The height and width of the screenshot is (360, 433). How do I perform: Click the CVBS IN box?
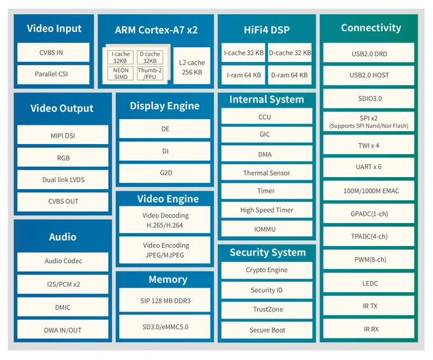click(53, 52)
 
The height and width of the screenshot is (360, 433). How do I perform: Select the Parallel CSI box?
click(53, 75)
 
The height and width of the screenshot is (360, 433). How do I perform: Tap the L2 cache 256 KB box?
click(192, 66)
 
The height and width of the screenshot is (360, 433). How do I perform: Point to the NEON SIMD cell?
click(121, 73)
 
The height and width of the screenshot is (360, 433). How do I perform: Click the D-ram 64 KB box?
click(290, 75)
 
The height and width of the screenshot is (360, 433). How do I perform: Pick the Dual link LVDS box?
click(62, 180)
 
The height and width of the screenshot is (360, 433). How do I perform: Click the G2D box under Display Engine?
click(165, 173)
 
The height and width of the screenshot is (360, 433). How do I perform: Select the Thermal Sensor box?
click(267, 173)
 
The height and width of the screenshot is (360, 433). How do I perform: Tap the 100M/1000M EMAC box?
click(369, 191)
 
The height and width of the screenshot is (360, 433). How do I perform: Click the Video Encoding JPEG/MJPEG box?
click(165, 250)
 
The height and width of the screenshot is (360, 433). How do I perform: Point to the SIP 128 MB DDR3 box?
click(165, 300)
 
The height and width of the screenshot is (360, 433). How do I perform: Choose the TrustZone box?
click(267, 310)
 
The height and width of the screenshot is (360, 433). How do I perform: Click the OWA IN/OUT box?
click(62, 329)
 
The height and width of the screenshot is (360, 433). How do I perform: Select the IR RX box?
click(369, 329)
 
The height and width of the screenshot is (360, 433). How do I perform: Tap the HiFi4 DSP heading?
click(267, 30)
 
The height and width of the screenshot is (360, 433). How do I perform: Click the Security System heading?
click(268, 252)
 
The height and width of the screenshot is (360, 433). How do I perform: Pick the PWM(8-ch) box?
click(369, 259)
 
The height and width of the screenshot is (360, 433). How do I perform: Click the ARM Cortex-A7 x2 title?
click(156, 30)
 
